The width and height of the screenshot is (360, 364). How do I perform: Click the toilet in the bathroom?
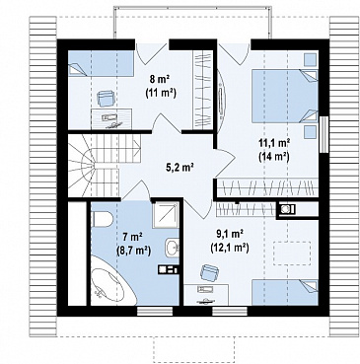coord(102,219)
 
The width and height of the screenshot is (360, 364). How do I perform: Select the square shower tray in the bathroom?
coord(166,215)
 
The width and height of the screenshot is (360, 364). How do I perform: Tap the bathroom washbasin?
coord(171,247)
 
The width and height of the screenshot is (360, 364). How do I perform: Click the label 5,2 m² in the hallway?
coord(180,168)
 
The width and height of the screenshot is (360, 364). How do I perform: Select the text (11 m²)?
coord(161,93)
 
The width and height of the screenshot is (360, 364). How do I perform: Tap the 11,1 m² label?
coord(274,143)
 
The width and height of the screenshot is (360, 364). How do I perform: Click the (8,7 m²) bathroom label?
coord(133,251)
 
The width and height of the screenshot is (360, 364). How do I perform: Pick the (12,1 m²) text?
coord(230,248)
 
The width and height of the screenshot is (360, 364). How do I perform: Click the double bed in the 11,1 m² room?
coord(285,96)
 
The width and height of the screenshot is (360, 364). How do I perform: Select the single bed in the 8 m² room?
coord(101,63)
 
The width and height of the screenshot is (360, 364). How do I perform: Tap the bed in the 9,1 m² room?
coord(285,292)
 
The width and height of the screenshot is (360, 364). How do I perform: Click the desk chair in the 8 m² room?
coord(106,99)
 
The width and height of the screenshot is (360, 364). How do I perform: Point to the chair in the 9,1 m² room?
coord(209,272)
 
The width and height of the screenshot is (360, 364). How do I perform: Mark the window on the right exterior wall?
coord(324,134)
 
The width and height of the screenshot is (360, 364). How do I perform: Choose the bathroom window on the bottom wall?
coord(155,311)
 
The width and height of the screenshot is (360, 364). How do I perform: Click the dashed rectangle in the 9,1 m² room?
coord(292,254)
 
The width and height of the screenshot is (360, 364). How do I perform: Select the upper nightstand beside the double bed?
coord(310,59)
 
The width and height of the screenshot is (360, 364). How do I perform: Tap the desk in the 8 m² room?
coord(111,118)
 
